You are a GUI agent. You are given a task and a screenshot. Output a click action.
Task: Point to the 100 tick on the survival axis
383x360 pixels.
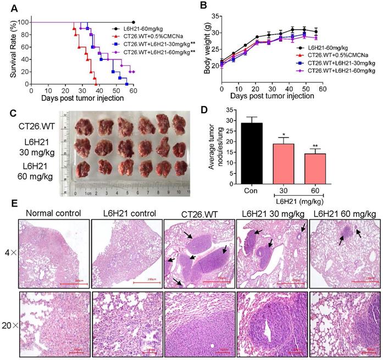point(24,22)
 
